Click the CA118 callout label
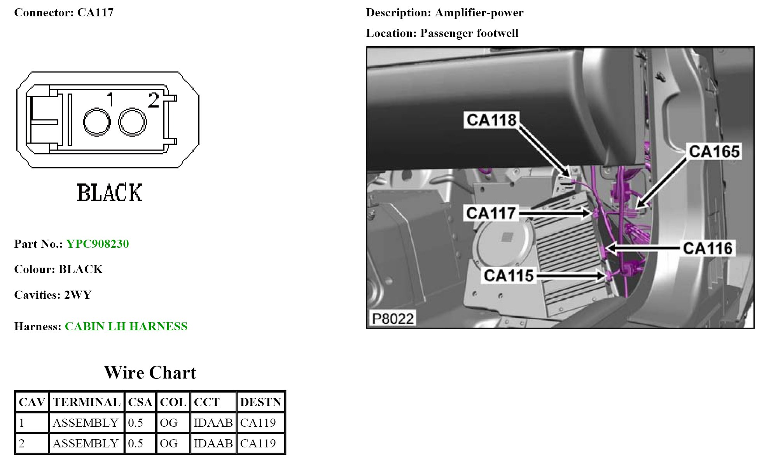491,120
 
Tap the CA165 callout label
714,151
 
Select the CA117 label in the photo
491,213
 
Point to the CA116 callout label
708,248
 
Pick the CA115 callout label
509,275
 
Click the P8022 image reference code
392,319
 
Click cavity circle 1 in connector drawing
96,122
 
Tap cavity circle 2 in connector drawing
132,122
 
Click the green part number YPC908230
97,244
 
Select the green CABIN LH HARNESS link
126,326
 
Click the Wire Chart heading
150,373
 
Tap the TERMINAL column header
86,402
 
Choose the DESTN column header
260,402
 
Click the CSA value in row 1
135,423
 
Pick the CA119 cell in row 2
258,443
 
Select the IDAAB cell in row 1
213,423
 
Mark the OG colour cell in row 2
168,443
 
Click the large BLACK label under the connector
110,193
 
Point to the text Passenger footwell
469,33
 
